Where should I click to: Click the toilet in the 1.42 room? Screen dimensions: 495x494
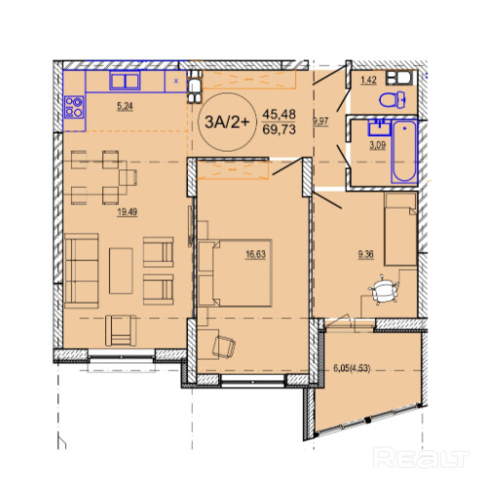click(393, 99)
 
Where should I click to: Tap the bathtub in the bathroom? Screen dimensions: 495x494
click(404, 152)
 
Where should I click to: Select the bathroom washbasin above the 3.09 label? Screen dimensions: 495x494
click(379, 127)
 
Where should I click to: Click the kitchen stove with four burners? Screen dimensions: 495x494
click(74, 107)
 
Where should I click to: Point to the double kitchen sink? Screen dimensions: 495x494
click(125, 80)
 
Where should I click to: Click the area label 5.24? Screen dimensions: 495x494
click(125, 106)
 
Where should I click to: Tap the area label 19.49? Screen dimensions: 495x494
click(127, 212)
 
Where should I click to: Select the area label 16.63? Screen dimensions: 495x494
click(255, 254)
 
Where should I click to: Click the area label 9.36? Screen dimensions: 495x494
click(365, 254)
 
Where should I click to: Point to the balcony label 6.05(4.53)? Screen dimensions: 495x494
click(352, 368)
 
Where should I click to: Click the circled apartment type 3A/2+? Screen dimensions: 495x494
click(227, 122)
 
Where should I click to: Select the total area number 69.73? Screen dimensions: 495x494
click(279, 130)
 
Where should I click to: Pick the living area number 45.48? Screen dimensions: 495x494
click(279, 114)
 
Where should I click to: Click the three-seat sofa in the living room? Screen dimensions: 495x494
click(81, 271)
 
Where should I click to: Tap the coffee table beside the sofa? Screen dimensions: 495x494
click(121, 271)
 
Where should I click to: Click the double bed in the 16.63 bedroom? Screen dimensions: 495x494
click(235, 273)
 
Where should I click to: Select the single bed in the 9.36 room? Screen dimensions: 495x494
click(400, 229)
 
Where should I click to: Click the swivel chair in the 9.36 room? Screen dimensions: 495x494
click(383, 289)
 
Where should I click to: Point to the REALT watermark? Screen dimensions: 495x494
click(421, 457)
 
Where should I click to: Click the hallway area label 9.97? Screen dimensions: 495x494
click(321, 122)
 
